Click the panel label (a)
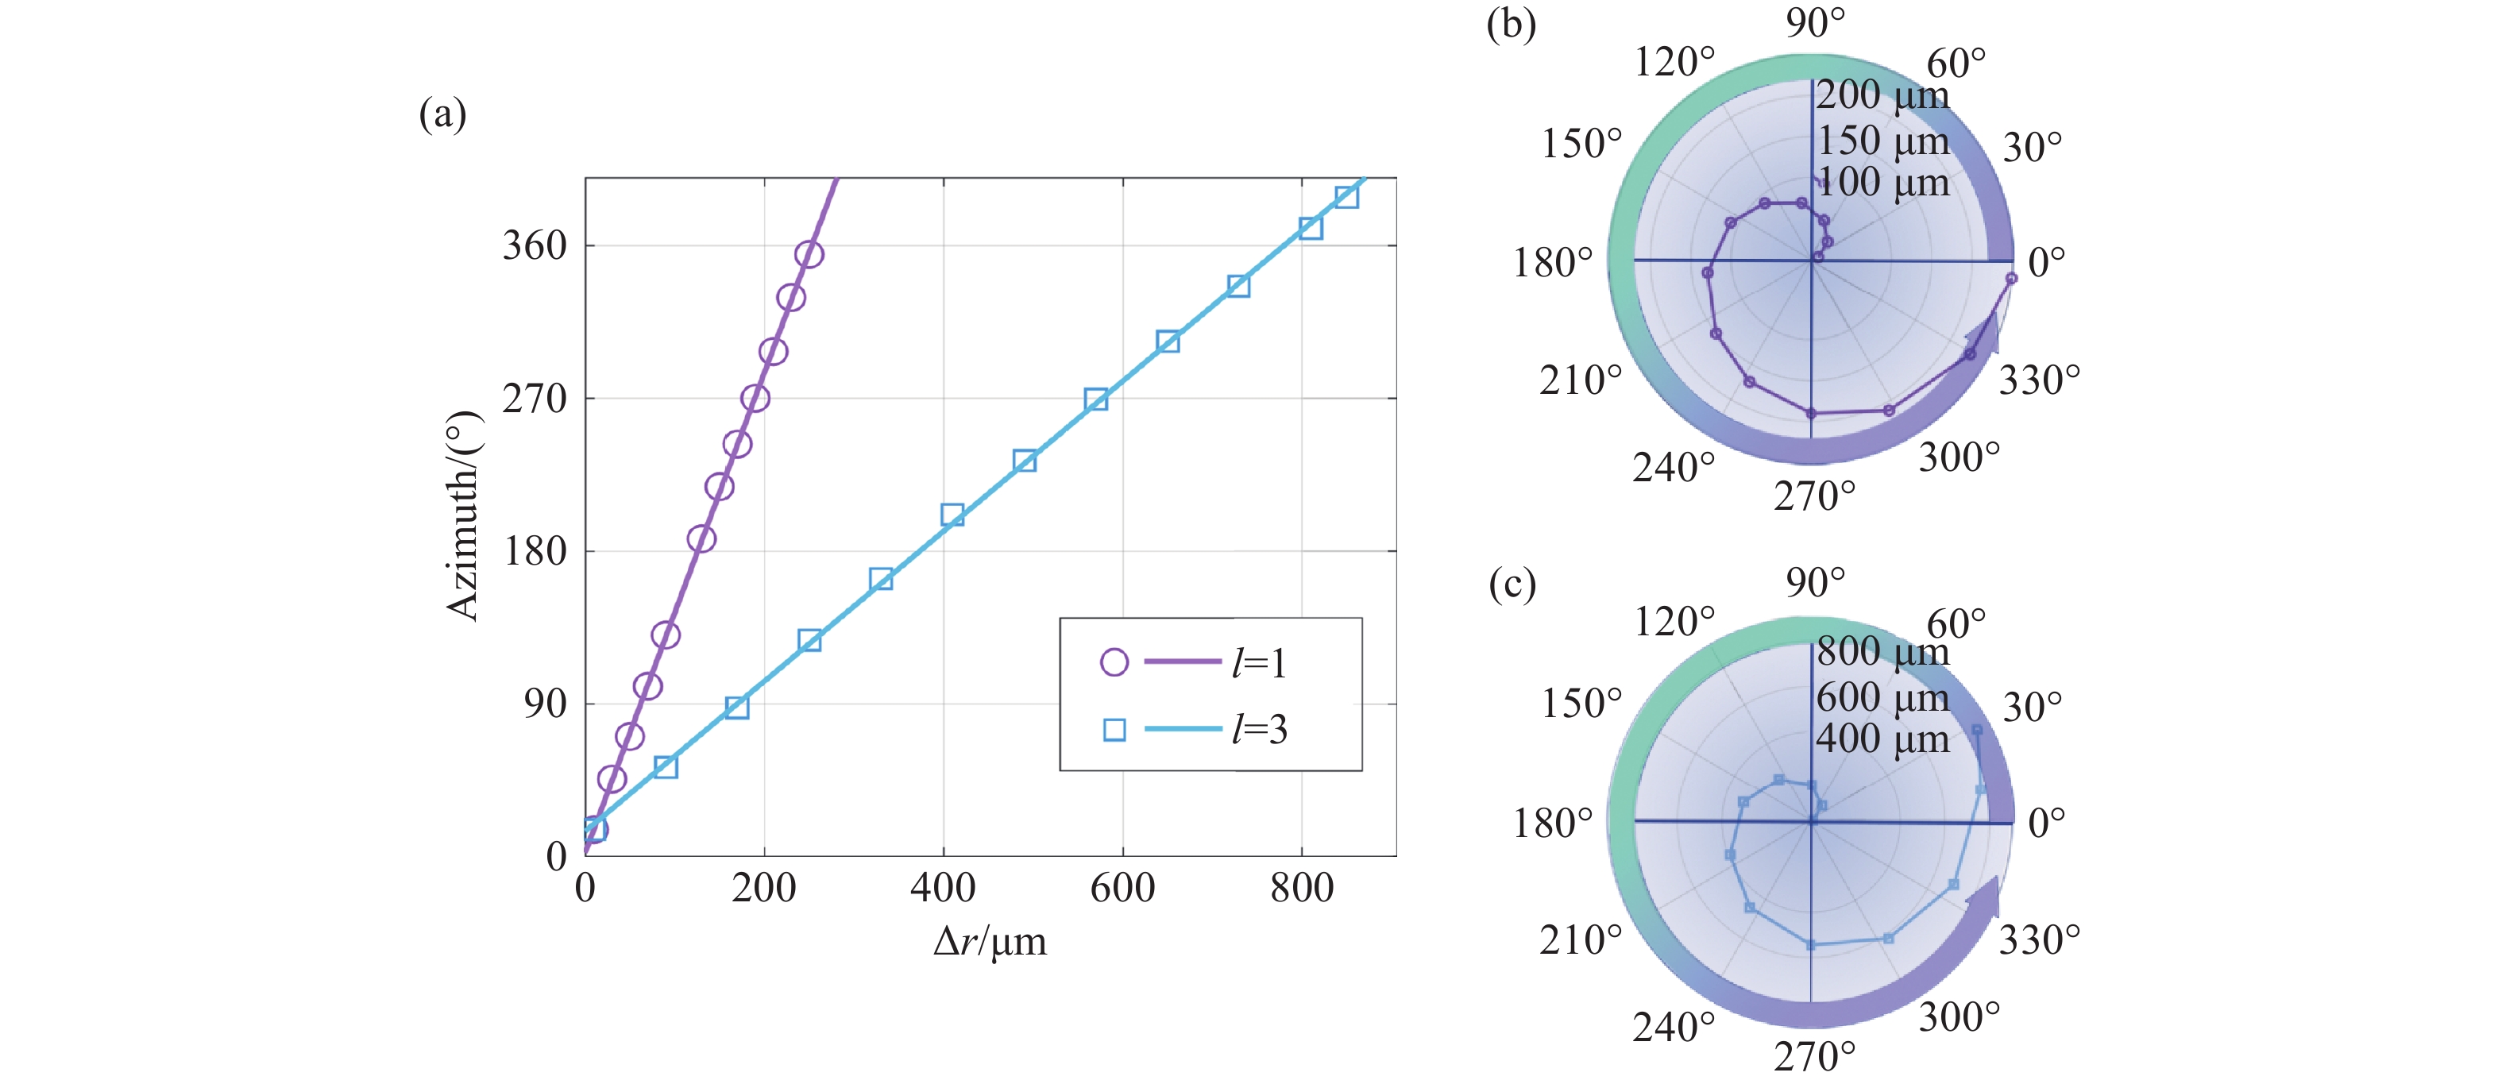coord(442,114)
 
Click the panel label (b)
coord(1512,23)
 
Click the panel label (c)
coord(1512,584)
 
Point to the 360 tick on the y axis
coord(535,245)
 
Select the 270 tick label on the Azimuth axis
coord(535,398)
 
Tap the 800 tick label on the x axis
coord(1302,888)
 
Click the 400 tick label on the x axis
coord(942,888)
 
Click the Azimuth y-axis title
coord(463,515)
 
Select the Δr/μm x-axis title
coord(990,941)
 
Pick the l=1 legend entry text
coord(1260,663)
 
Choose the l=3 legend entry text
coord(1260,730)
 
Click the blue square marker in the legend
coord(1114,730)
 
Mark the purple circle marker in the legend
coord(1114,662)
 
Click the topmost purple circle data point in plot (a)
coord(809,254)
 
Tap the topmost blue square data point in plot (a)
coord(1346,197)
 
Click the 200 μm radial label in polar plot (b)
coord(1882,95)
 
